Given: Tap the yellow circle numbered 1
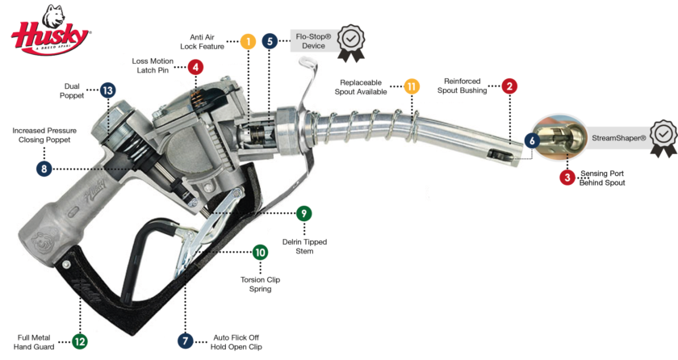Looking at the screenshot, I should click(x=249, y=40).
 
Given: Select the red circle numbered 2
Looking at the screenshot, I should click(x=508, y=86).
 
